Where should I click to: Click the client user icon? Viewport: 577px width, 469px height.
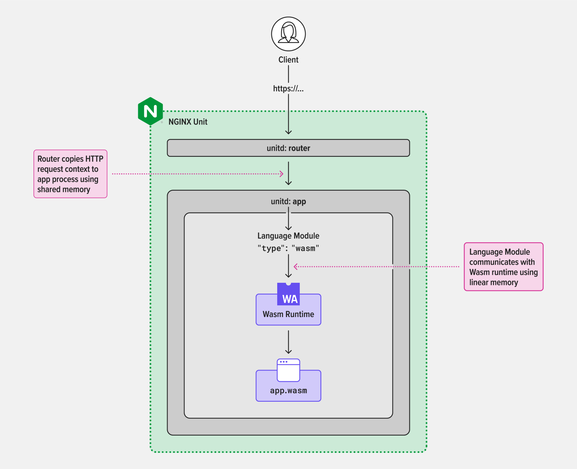288,34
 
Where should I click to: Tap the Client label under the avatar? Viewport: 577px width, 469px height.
288,60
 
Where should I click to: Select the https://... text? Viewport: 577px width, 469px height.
288,89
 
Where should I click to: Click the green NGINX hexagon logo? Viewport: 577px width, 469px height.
150,111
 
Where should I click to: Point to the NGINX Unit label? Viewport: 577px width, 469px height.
188,122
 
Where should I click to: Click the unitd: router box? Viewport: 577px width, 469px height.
288,148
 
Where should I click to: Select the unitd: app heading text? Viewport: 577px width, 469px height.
288,202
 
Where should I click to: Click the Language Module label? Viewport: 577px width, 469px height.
288,236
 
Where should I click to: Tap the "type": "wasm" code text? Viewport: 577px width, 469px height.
288,248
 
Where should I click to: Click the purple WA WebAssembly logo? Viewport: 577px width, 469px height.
288,294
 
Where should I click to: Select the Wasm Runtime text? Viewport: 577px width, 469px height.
288,314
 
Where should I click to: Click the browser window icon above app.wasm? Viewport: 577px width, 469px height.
288,370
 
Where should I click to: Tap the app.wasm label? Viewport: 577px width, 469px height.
288,391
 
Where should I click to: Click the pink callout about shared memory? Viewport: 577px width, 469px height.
71,174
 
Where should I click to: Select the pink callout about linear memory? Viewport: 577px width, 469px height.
503,267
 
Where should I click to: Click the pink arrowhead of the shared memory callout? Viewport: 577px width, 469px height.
281,174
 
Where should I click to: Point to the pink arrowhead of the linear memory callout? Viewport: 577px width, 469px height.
296,267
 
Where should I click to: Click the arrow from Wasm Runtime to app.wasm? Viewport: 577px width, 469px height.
288,342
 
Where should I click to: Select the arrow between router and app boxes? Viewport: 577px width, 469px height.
288,173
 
